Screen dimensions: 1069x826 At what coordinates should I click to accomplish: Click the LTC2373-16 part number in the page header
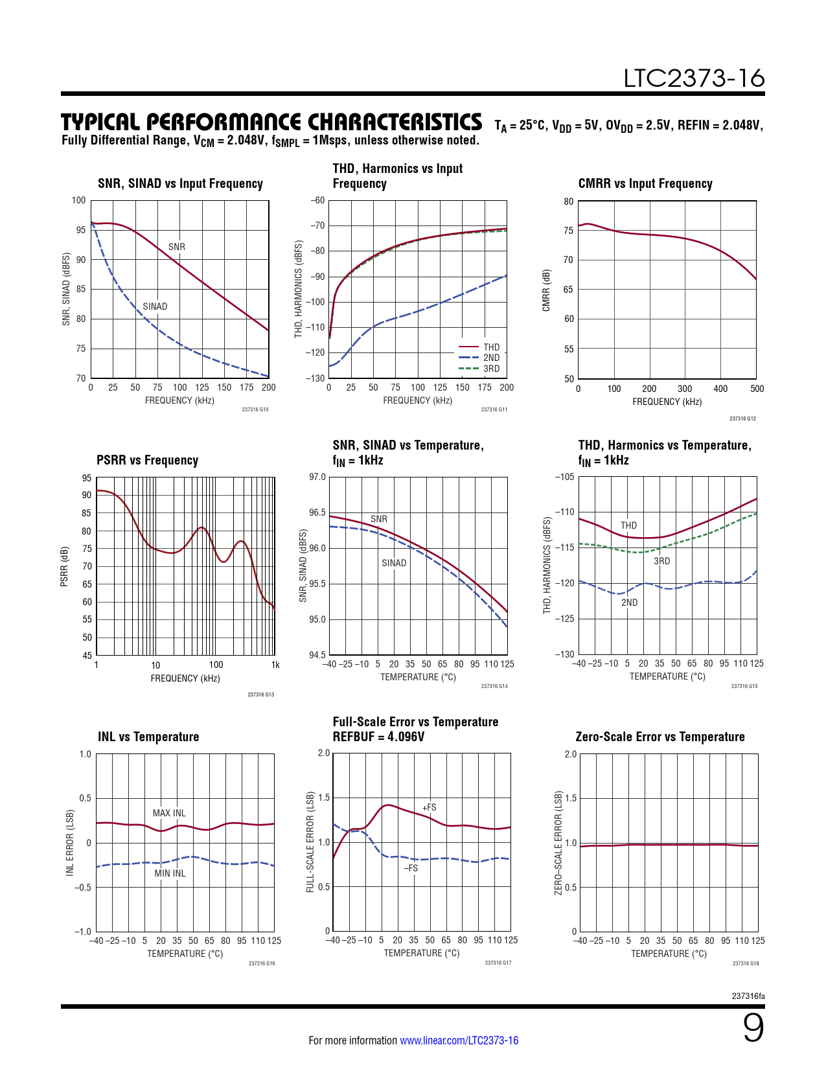(x=694, y=78)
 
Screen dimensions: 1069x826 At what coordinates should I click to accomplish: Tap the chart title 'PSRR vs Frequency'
(x=147, y=460)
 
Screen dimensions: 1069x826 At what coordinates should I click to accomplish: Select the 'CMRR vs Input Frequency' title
(x=645, y=183)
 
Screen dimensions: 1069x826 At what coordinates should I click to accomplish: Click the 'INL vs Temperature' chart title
(x=148, y=737)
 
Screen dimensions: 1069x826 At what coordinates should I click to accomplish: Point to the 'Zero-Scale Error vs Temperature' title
(x=660, y=737)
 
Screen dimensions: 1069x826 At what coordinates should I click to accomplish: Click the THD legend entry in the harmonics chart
(x=491, y=347)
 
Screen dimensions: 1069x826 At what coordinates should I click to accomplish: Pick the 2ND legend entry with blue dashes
(x=491, y=358)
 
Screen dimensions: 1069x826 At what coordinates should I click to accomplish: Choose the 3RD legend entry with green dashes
(x=491, y=369)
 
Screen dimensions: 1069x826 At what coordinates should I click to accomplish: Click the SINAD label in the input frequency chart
(x=155, y=306)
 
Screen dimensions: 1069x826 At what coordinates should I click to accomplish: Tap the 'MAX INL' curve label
(x=169, y=813)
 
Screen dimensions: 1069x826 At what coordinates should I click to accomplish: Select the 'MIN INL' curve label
(x=170, y=873)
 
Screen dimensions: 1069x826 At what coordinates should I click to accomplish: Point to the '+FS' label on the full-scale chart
(x=429, y=807)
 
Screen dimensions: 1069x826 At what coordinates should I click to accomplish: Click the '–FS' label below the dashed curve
(x=411, y=868)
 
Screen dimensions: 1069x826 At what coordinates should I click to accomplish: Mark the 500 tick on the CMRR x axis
(x=757, y=389)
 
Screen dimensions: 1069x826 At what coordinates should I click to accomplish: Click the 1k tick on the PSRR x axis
(x=275, y=665)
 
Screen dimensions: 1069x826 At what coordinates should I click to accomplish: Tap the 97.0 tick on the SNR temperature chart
(x=317, y=477)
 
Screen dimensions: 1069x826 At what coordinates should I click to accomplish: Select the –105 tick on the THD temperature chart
(x=564, y=477)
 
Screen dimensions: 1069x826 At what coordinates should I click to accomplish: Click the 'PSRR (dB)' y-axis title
(x=64, y=567)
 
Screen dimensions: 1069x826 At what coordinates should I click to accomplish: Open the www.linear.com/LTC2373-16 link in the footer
(x=459, y=1040)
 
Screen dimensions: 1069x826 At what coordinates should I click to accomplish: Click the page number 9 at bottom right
(x=753, y=1028)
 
